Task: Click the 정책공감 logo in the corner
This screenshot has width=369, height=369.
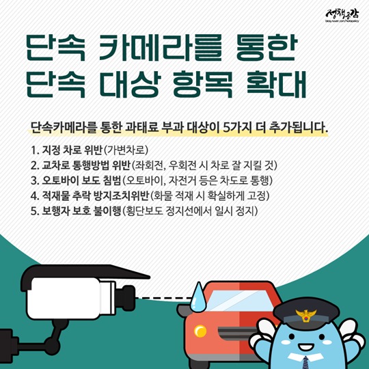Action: [x=342, y=15]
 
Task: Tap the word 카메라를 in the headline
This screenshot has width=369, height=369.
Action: [x=160, y=48]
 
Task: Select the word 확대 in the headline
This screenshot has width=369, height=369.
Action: [x=276, y=84]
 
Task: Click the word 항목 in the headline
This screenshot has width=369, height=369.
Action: [x=203, y=84]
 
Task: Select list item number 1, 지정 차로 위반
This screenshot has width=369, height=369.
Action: [x=66, y=150]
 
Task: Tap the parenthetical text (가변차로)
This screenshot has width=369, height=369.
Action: [x=126, y=150]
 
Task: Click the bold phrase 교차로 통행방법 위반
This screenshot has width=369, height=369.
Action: [x=86, y=165]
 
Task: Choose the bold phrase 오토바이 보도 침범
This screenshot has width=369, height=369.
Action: [x=81, y=180]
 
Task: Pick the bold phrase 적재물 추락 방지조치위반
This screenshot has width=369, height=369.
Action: [x=96, y=196]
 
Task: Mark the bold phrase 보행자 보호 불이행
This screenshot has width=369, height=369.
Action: [x=81, y=211]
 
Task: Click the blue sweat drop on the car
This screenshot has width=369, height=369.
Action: [x=199, y=296]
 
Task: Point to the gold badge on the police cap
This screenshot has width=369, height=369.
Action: [x=305, y=315]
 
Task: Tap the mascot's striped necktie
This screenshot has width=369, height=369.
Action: [x=306, y=362]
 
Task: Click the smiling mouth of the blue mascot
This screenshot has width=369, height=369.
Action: [x=305, y=346]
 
